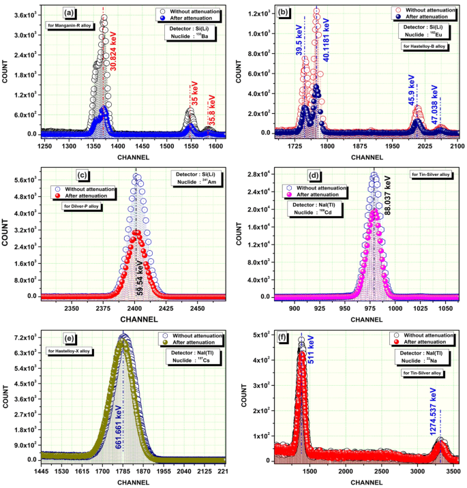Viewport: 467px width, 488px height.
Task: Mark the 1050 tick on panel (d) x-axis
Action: click(x=445, y=308)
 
